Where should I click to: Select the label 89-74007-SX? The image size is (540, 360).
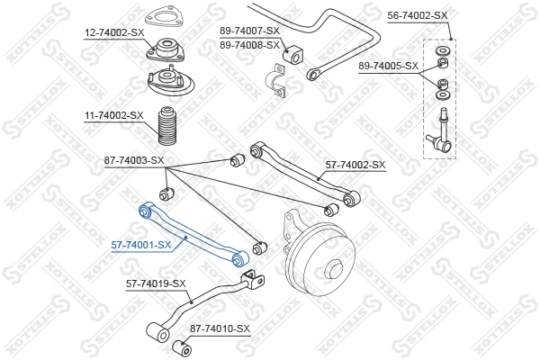[x=249, y=31]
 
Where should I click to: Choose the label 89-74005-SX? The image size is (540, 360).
[x=389, y=66]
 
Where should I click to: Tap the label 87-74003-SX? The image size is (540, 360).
[x=133, y=160]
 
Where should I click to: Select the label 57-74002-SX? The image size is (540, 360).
[x=355, y=165]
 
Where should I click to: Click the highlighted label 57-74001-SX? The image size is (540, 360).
[x=141, y=244]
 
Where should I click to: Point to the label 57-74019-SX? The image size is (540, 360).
[x=156, y=284]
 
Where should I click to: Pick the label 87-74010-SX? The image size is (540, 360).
[x=220, y=329]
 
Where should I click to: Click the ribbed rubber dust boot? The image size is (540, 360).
[x=166, y=127]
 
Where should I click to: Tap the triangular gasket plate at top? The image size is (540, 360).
[x=162, y=17]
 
